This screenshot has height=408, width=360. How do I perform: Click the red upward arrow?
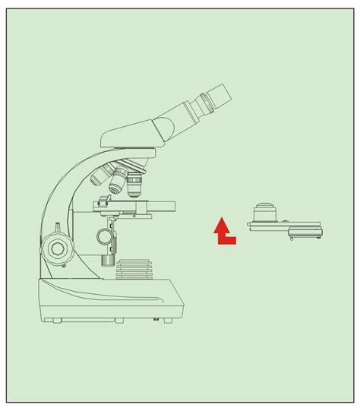[x=223, y=231]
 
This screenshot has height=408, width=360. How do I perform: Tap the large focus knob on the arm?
[x=57, y=247]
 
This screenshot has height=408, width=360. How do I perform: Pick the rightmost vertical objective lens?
[x=135, y=183]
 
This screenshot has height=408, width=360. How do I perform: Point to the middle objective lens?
[x=118, y=182]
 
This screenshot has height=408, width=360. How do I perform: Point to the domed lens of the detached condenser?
[x=264, y=210]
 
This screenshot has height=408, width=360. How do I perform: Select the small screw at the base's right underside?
[x=156, y=319]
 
